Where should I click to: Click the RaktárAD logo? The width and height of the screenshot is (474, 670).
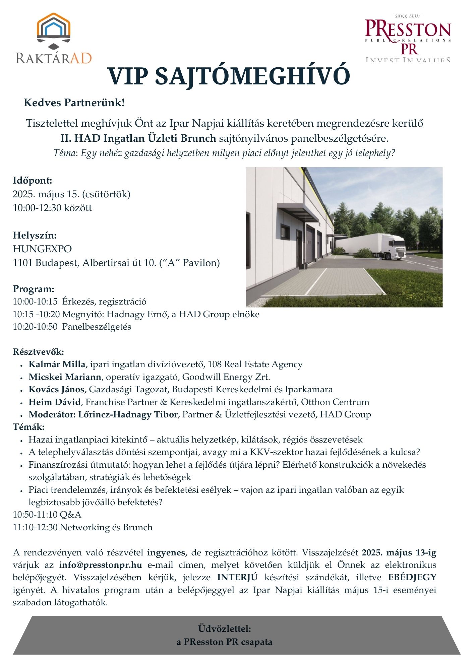point(54,39)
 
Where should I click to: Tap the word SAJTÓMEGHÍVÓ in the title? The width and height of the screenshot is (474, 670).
point(252,76)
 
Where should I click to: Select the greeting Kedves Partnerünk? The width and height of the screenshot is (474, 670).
point(74,103)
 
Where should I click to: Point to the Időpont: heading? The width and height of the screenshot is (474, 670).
point(33,181)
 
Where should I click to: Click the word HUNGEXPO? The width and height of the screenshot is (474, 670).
point(42,249)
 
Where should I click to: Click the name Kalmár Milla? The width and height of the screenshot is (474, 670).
point(57,364)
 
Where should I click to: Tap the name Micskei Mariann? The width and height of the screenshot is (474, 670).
point(65,377)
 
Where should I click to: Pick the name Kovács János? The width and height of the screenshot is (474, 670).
point(56,389)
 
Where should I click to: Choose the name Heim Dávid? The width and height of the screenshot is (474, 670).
point(55,402)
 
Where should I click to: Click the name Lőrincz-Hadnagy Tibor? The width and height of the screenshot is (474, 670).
point(128,414)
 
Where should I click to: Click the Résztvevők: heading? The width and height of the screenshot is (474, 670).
point(38,352)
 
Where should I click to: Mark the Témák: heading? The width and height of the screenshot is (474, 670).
point(28,427)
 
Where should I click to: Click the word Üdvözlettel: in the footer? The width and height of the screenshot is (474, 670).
point(224,628)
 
